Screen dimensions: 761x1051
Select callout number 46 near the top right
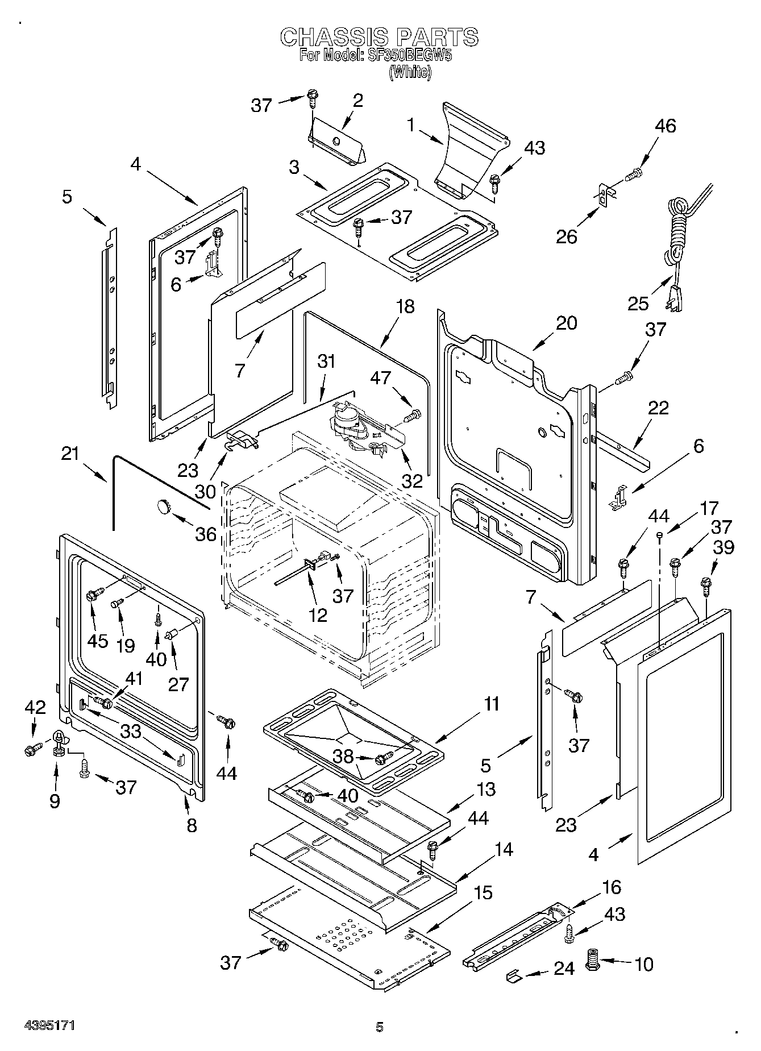[x=665, y=126]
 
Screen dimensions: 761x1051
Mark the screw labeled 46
[x=634, y=173]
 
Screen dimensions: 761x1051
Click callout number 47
[x=381, y=377]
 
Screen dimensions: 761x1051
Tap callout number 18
[x=405, y=307]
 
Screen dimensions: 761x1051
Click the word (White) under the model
[x=409, y=72]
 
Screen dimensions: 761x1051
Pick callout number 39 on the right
[x=723, y=547]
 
